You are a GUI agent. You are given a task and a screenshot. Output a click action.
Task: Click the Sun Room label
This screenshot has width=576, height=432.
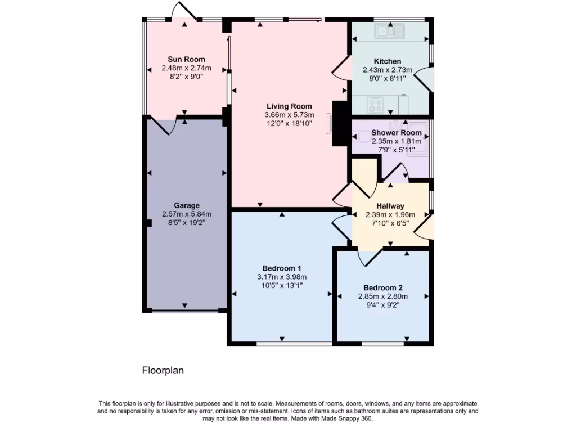[186, 59]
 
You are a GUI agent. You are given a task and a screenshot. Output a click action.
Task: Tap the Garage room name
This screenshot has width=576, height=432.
[186, 205]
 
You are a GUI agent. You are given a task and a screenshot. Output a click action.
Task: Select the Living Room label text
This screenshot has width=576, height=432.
[289, 106]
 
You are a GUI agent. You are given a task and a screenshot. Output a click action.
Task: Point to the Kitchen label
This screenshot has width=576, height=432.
[388, 61]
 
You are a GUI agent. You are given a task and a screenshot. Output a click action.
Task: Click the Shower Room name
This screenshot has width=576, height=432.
[396, 133]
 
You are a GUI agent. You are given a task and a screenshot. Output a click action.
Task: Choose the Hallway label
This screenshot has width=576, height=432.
[390, 206]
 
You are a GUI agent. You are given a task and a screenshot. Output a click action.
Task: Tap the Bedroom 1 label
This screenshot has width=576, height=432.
[282, 268]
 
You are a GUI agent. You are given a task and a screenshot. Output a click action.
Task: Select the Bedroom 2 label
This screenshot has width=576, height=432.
[383, 287]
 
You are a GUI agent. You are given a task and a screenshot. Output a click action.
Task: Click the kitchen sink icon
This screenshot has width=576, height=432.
[389, 30]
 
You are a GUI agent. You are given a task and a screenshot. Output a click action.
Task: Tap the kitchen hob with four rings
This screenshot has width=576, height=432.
[375, 103]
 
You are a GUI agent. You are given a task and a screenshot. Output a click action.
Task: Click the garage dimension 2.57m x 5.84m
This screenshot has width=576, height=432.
[186, 214]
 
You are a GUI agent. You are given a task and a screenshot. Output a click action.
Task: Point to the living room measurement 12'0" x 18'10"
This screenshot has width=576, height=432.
[289, 123]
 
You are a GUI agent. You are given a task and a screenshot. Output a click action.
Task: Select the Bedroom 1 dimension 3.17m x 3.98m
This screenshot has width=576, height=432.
[282, 276]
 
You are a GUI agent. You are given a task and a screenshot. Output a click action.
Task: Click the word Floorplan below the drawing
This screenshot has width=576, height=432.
[163, 371]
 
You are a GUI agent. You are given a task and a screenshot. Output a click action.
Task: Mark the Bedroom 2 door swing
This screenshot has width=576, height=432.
[370, 256]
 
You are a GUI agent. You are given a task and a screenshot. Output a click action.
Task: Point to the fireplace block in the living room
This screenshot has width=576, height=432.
[339, 124]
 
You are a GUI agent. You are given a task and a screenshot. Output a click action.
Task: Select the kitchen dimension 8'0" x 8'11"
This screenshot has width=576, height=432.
[388, 79]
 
